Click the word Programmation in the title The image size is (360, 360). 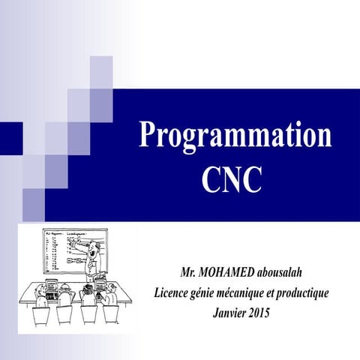point(235,136)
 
